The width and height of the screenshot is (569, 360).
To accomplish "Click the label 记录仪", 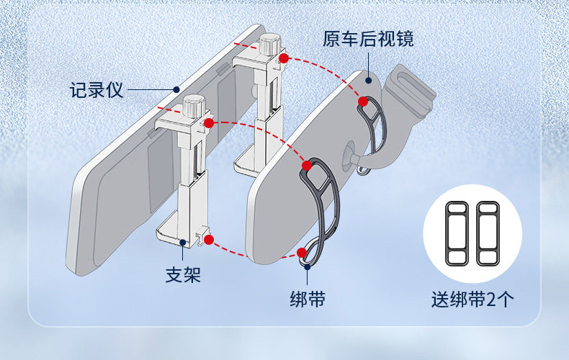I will click(97, 91).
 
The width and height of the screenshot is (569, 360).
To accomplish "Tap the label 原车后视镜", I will click(368, 38).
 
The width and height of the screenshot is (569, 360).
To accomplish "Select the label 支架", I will click(183, 275).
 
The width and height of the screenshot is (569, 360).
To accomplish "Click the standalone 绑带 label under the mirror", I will click(307, 298).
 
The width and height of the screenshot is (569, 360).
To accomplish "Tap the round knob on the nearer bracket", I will click(192, 107).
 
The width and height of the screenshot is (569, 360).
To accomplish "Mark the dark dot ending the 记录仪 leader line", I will click(176, 90).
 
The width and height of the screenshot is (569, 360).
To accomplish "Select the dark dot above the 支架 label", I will click(183, 243).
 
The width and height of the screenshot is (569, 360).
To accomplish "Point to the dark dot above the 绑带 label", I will click(308, 266).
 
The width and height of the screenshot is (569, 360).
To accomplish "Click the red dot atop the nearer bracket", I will click(208, 123).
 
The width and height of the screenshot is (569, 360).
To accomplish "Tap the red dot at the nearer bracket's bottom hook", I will click(208, 240).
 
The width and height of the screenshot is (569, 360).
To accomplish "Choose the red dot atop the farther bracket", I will click(284, 58).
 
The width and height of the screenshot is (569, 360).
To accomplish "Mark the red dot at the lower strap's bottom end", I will click(301, 252).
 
